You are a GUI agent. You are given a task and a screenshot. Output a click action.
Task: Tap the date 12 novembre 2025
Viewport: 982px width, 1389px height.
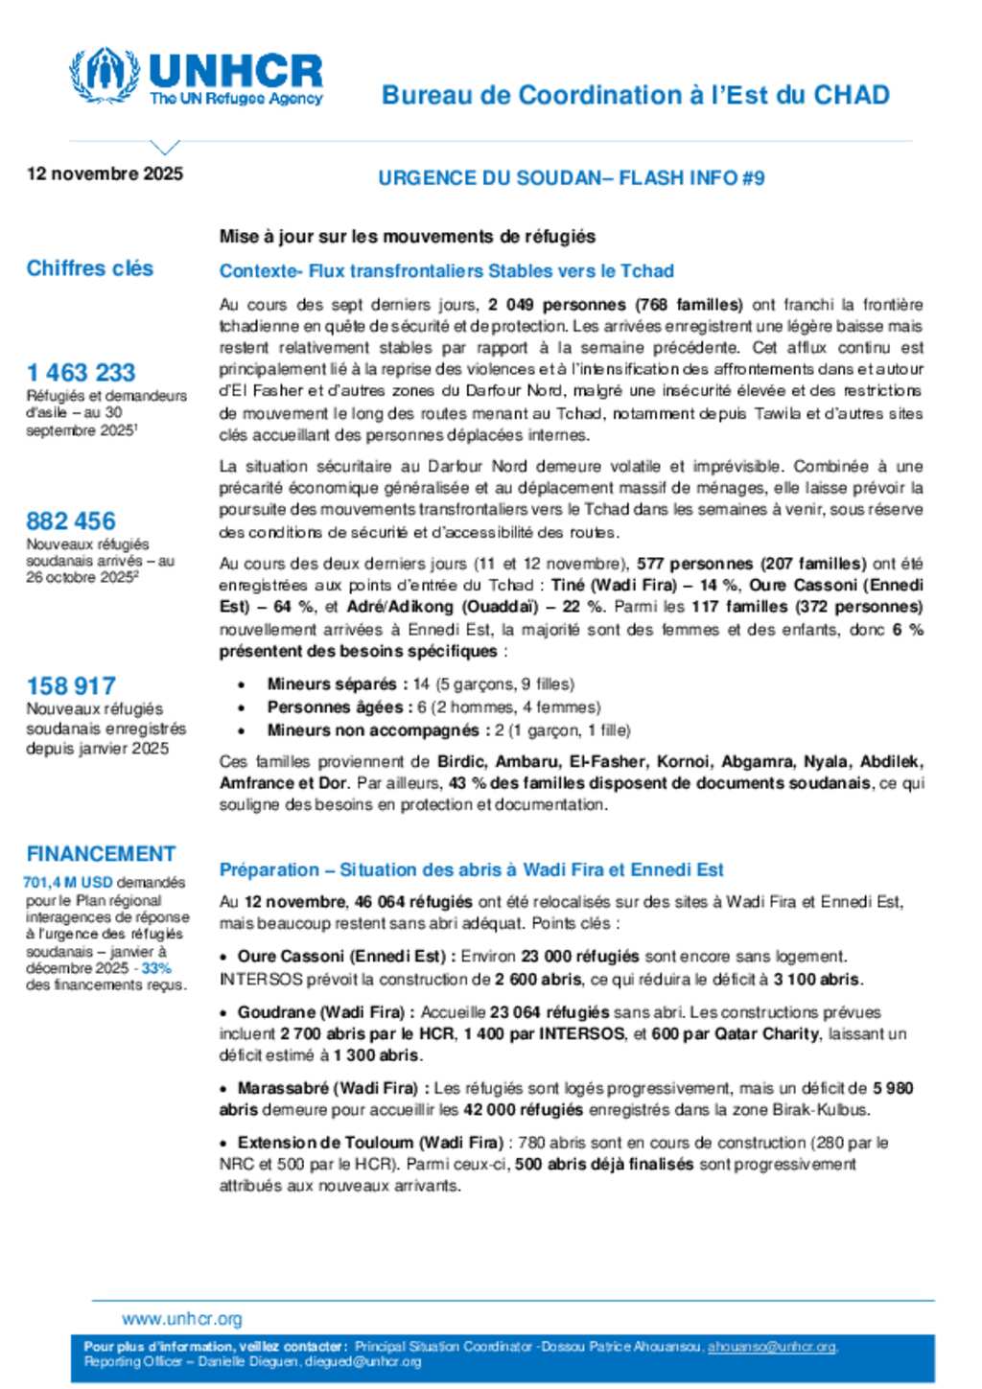(x=105, y=174)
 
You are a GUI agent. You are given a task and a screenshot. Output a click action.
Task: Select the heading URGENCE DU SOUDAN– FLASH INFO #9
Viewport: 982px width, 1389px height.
(x=571, y=177)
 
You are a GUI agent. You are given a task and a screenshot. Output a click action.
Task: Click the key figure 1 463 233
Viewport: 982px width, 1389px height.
(x=82, y=372)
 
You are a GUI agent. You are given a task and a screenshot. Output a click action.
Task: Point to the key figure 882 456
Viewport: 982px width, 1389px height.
(x=71, y=521)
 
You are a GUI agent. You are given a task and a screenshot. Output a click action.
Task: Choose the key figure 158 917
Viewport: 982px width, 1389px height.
(x=71, y=685)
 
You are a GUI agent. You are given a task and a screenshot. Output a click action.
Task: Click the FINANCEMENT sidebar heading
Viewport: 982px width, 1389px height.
(x=101, y=853)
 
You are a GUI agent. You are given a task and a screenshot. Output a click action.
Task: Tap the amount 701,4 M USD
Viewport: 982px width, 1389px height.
(x=68, y=882)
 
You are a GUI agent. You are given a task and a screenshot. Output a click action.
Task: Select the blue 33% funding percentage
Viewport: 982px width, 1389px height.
(x=156, y=968)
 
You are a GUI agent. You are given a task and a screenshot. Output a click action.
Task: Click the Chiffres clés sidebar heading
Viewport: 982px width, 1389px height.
(x=90, y=268)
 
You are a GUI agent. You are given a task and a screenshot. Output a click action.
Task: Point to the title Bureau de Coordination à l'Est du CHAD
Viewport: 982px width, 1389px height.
(x=635, y=95)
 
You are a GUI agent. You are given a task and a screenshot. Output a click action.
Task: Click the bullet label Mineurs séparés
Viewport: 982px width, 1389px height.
(x=332, y=684)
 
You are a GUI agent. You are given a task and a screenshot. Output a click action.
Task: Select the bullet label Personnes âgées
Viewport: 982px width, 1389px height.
(x=335, y=707)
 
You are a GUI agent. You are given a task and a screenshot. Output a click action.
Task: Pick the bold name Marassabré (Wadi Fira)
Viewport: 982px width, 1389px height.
(x=327, y=1088)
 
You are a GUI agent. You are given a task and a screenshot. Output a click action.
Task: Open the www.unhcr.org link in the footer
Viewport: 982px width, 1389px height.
(x=182, y=1319)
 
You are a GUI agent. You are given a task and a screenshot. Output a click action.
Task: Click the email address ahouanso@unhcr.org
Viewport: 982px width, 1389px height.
(x=772, y=1347)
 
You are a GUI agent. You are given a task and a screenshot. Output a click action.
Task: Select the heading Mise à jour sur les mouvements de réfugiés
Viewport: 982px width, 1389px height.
(x=408, y=236)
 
